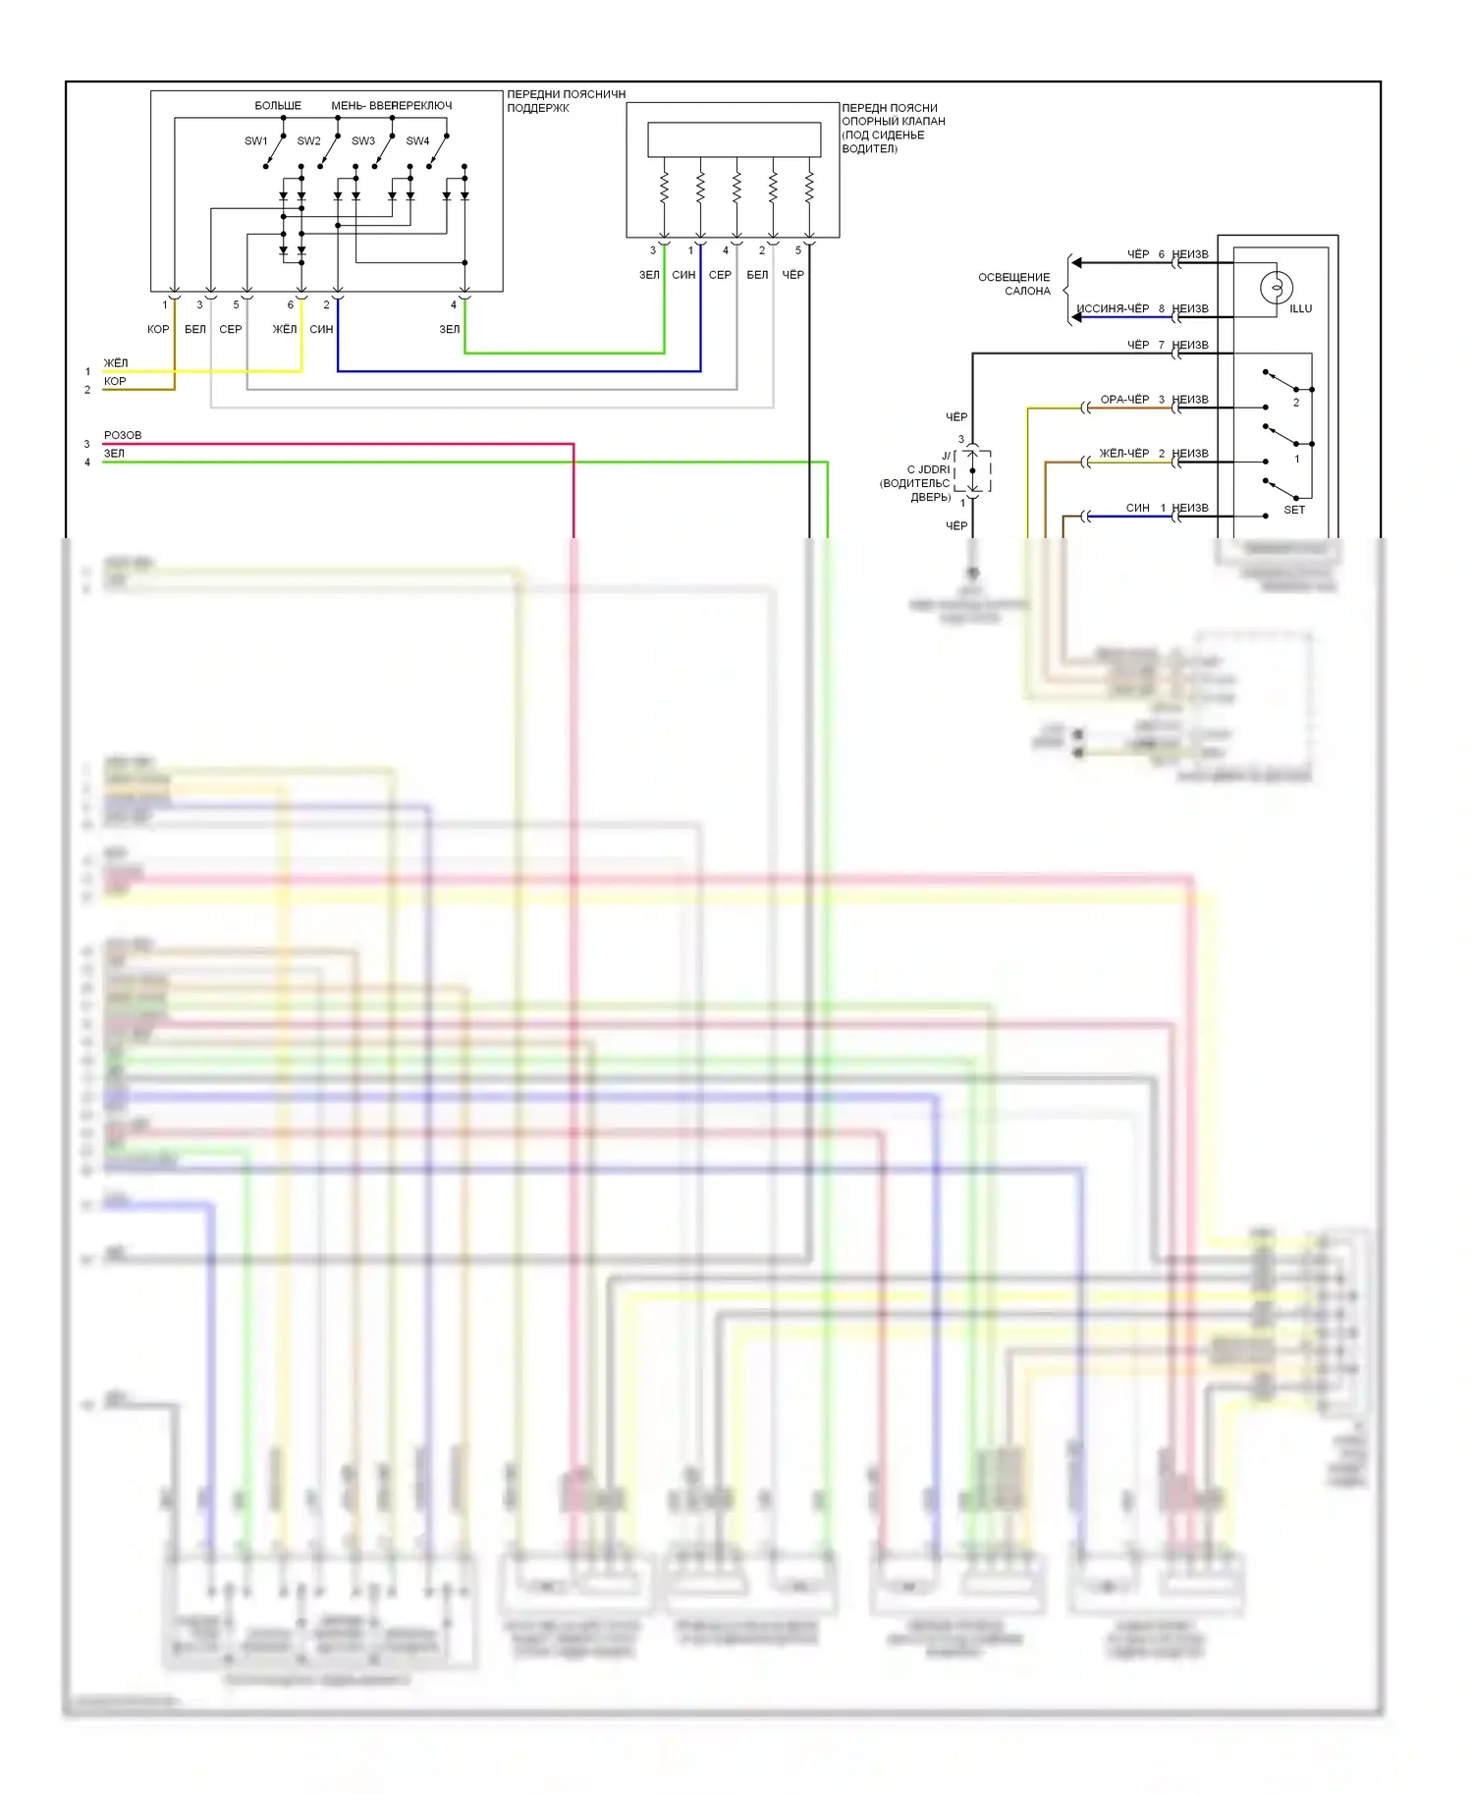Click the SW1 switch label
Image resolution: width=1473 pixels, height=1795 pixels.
click(255, 141)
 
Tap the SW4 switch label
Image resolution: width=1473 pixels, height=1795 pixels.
click(417, 141)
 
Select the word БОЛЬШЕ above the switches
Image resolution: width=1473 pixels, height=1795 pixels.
click(278, 106)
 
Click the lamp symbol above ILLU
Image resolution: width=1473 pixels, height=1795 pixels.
click(1276, 288)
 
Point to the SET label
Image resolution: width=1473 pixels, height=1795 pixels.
click(1294, 510)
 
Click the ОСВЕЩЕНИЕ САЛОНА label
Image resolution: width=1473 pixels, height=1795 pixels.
click(1014, 284)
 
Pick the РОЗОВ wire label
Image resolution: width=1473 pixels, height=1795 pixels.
click(123, 435)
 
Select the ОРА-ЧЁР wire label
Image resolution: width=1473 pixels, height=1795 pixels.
click(1124, 400)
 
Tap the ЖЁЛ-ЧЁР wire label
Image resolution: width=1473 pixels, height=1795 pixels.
click(1123, 454)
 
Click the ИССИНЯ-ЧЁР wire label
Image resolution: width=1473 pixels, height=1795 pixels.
click(1113, 309)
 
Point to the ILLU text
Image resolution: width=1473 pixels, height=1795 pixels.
click(1300, 309)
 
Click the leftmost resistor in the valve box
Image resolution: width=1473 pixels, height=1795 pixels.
click(664, 187)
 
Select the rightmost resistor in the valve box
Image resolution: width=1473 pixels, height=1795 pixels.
click(809, 187)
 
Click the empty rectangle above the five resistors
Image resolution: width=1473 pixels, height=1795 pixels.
click(734, 139)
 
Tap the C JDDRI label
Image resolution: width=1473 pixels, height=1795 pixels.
click(928, 469)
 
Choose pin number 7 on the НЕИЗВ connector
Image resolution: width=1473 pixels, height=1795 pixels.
click(1161, 346)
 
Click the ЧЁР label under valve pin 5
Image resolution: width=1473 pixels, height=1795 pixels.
click(792, 275)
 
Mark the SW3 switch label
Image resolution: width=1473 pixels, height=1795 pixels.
click(363, 141)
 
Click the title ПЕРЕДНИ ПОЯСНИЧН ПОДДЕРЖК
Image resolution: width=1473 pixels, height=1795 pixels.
click(566, 101)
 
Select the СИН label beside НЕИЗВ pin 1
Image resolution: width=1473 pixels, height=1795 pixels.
click(1137, 509)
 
